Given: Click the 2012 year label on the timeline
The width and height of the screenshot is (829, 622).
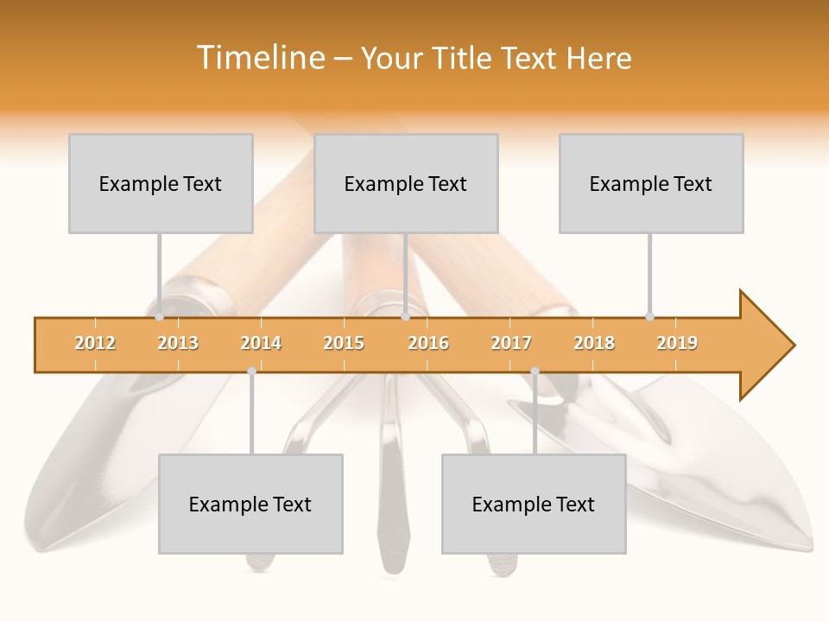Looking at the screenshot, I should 95,344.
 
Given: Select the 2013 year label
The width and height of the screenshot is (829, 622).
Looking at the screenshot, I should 178,344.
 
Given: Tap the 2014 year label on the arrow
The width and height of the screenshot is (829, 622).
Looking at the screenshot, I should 261,344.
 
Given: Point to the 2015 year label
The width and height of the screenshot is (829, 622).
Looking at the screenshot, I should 344,344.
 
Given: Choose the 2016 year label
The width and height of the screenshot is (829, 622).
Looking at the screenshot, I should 428,344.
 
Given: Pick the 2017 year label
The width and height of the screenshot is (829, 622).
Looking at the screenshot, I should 511,344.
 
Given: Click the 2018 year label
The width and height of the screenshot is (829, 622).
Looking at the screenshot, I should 594,344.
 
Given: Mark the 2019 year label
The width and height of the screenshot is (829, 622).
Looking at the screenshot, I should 677,344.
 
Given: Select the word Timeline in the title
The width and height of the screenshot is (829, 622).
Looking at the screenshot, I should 259,58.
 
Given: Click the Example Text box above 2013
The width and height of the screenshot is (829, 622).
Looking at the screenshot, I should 161,183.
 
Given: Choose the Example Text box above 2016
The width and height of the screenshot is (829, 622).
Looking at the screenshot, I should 406,183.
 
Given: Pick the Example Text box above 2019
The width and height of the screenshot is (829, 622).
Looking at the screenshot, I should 651,183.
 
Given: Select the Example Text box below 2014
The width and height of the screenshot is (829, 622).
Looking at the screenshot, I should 250,504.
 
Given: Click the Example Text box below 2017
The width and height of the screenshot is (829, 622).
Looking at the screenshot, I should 534,504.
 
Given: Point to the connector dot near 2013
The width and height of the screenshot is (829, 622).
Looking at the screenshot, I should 160,317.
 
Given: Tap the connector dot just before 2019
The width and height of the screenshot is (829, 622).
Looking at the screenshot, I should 650,316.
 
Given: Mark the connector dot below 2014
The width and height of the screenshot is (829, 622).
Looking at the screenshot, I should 251,371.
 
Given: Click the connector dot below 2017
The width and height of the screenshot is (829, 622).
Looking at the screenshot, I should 535,371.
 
